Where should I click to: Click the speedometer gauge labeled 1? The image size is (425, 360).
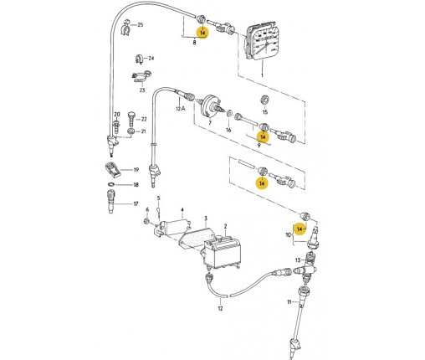260,41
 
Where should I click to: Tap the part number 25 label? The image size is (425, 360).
140,25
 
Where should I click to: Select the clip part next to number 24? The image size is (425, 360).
139,59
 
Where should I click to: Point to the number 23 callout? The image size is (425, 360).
142,90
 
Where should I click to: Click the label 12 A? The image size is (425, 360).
181,108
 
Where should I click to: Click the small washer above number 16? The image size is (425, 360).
228,114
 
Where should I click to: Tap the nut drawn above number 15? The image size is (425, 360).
264,100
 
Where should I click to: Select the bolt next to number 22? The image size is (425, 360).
131,118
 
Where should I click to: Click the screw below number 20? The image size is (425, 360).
116,127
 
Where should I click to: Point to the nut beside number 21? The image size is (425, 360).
131,131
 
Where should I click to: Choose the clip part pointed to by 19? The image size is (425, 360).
113,170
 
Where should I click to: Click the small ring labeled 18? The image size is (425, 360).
111,184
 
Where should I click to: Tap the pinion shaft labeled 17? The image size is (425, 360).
111,201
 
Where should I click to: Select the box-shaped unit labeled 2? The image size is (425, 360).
222,253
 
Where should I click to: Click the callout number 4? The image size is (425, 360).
182,209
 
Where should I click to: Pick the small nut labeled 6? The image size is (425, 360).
146,221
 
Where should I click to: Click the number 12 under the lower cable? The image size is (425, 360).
220,308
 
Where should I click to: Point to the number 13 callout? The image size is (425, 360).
298,260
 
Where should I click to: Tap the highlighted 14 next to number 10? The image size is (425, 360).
300,229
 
